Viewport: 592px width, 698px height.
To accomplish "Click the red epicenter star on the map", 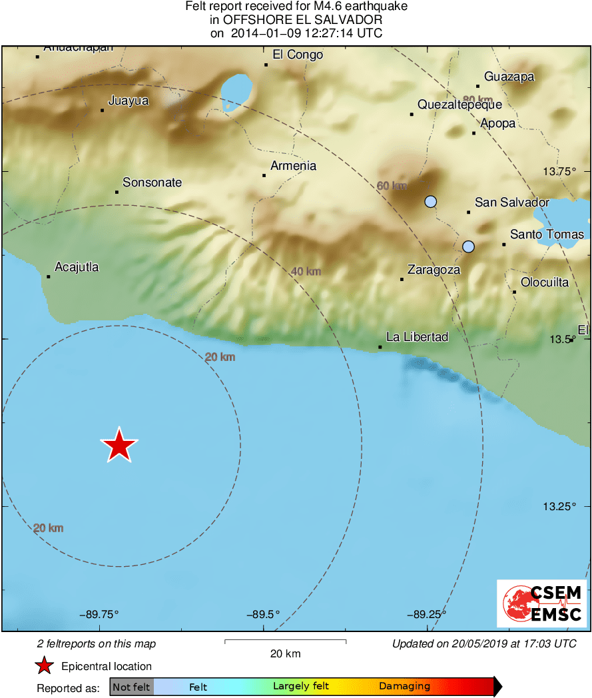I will click(x=119, y=446).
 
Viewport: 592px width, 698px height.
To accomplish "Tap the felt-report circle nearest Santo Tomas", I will click(x=468, y=246).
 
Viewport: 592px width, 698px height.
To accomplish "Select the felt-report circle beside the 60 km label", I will click(x=431, y=201).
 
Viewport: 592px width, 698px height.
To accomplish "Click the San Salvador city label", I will click(x=511, y=202).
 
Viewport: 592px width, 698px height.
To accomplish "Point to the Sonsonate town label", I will click(x=152, y=182).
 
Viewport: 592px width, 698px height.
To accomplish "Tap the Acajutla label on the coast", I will click(x=77, y=267).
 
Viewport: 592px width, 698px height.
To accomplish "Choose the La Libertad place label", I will click(x=417, y=337).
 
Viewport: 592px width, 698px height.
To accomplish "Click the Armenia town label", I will click(x=293, y=166).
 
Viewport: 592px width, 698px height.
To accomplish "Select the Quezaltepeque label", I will click(x=459, y=105).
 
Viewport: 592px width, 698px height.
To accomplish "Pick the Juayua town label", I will click(x=128, y=101).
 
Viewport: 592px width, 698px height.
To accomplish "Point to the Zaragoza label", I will click(x=434, y=270).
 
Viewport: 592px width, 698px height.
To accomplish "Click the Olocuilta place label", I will click(x=545, y=282).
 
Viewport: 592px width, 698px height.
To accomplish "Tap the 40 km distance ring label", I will click(x=306, y=271).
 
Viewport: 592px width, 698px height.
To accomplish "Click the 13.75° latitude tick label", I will click(x=559, y=171).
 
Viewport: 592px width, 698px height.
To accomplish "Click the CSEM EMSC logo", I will click(x=541, y=603).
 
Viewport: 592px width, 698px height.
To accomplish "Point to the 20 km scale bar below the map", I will click(x=285, y=641).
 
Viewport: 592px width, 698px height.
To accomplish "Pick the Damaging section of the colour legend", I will click(x=404, y=686).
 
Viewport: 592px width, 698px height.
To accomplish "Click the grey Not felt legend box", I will click(x=131, y=686).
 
